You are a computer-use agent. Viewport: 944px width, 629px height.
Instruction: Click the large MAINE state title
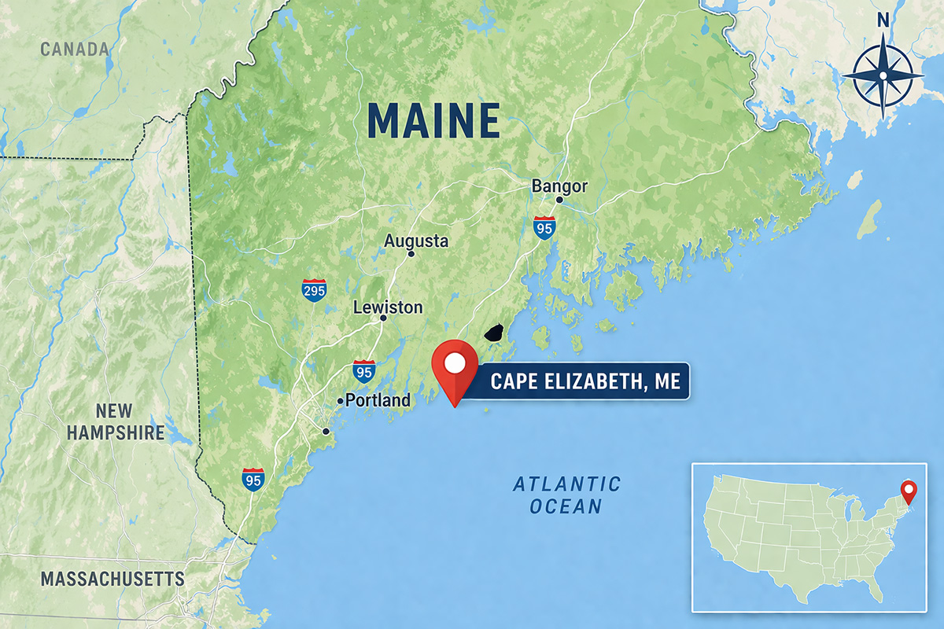coord(433,120)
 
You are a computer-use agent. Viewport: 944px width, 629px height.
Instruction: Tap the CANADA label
coord(75,50)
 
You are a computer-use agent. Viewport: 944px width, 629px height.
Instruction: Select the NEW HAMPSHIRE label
coord(116,421)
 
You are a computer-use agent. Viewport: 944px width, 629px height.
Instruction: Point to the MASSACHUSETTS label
coord(112,579)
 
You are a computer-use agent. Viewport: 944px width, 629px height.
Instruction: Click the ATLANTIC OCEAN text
coord(566,495)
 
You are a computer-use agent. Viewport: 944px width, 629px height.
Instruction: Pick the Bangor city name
coord(559,186)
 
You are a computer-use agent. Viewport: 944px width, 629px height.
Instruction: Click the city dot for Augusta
coord(411,254)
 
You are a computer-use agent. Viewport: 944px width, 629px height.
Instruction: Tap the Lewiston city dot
coord(383,318)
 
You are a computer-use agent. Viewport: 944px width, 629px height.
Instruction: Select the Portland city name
coord(378,400)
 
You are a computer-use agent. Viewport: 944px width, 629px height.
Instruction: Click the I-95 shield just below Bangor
coord(544,228)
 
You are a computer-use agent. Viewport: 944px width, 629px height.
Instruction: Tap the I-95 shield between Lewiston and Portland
coord(363,371)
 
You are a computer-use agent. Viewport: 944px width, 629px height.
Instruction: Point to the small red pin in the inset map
coord(909,491)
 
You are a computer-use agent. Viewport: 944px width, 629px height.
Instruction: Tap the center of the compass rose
coord(883,75)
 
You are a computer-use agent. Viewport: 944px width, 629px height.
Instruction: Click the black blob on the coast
coord(493,334)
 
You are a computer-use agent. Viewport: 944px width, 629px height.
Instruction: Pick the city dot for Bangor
coord(559,200)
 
